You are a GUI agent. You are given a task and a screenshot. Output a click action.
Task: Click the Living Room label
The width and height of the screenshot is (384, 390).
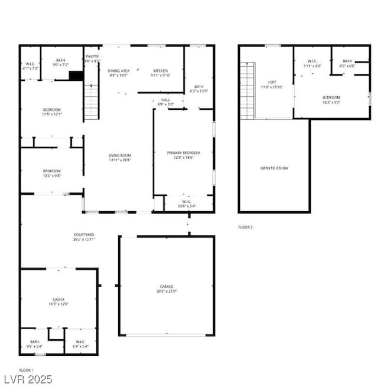(120, 156)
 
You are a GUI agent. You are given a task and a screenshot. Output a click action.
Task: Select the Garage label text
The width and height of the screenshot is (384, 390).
(166, 289)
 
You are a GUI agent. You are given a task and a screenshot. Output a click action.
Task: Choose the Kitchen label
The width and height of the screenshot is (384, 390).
(161, 73)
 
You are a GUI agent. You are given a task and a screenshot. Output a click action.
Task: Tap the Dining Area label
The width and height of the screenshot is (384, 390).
(119, 73)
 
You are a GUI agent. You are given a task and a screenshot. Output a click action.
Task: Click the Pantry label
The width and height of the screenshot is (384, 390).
(92, 58)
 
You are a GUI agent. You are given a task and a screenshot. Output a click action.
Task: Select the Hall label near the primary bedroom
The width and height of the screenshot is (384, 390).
(166, 102)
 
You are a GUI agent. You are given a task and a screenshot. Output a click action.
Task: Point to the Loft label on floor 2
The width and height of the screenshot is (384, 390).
(272, 84)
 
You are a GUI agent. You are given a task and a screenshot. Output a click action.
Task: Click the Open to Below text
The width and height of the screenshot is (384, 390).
(274, 168)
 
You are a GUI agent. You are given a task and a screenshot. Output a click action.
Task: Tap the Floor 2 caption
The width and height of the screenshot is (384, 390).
(245, 227)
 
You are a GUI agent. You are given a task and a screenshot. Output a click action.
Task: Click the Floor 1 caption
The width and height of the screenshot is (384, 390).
(26, 370)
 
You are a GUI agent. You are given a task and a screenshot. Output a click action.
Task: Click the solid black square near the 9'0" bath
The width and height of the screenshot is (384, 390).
(76, 75)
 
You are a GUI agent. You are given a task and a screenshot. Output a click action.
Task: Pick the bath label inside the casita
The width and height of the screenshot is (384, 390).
(34, 344)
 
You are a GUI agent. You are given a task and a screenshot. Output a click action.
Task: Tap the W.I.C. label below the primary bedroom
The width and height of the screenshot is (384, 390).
(188, 204)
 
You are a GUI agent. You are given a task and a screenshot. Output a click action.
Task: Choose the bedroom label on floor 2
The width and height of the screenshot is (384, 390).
(331, 99)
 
